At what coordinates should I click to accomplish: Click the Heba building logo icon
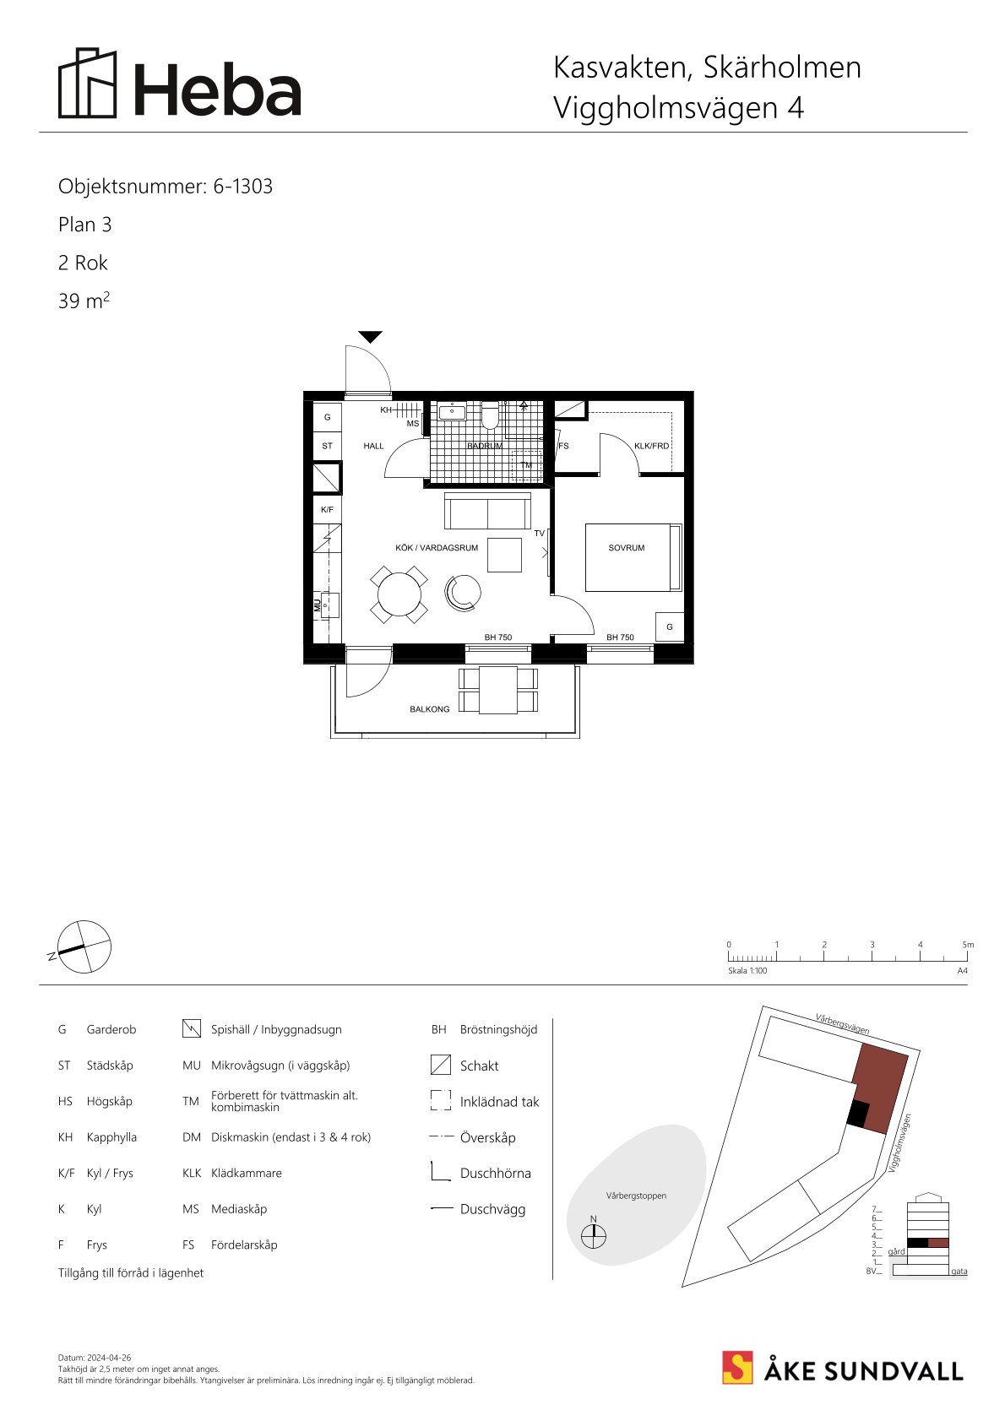[x=88, y=83]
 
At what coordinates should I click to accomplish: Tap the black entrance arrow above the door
[x=370, y=337]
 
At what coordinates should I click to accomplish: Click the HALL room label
[x=373, y=446]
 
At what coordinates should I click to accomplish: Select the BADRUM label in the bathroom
[x=485, y=446]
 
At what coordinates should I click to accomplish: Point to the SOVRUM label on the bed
[x=626, y=547]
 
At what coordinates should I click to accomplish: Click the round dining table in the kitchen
[x=399, y=595]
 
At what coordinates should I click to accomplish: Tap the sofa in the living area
[x=488, y=511]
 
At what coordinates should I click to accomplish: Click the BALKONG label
[x=430, y=709]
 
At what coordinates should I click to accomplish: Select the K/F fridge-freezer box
[x=328, y=509]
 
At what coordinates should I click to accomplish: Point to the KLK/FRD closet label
[x=652, y=446]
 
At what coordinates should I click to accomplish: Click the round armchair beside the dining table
[x=463, y=594]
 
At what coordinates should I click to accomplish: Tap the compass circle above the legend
[x=84, y=946]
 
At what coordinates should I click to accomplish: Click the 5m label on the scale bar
[x=968, y=945]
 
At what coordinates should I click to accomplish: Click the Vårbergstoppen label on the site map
[x=636, y=1196]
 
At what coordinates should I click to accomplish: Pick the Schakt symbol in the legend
[x=440, y=1065]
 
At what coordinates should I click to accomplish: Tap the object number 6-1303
[x=243, y=186]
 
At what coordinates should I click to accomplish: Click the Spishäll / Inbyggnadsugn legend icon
[x=192, y=1028]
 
